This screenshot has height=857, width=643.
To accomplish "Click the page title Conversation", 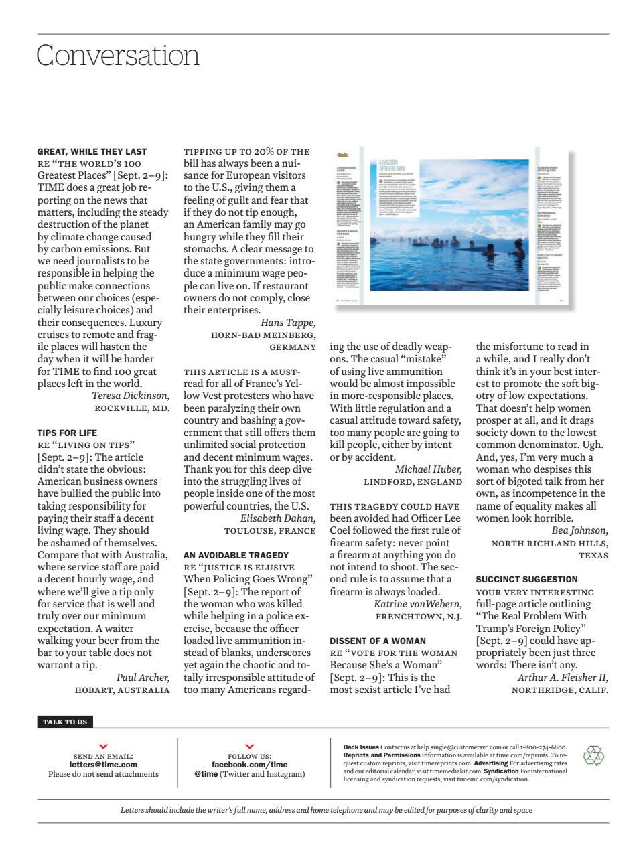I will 118,55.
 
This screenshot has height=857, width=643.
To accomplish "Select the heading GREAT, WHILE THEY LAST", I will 92,151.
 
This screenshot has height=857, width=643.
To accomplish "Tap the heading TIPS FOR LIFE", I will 67,433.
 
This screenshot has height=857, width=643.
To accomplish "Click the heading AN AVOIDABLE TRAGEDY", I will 236,555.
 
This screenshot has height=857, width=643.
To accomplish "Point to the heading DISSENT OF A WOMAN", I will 378,641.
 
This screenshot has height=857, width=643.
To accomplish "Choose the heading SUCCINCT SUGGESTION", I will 526,579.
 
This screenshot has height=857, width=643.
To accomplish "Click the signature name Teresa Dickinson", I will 131,396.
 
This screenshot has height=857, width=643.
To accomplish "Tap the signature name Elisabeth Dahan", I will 277,518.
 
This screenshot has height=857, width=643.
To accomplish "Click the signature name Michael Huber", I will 428,469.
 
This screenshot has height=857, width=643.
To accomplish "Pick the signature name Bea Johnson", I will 580,531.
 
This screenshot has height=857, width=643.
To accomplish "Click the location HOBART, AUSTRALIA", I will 122,690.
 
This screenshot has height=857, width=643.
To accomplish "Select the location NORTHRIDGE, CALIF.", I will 559,690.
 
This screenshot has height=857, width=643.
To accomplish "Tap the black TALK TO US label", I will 65,722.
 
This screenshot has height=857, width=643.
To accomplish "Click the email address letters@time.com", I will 103,764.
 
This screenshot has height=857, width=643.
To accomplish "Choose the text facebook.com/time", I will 249,764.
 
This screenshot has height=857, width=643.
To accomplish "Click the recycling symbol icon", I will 593,756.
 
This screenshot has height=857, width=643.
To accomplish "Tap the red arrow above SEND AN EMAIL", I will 103,746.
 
